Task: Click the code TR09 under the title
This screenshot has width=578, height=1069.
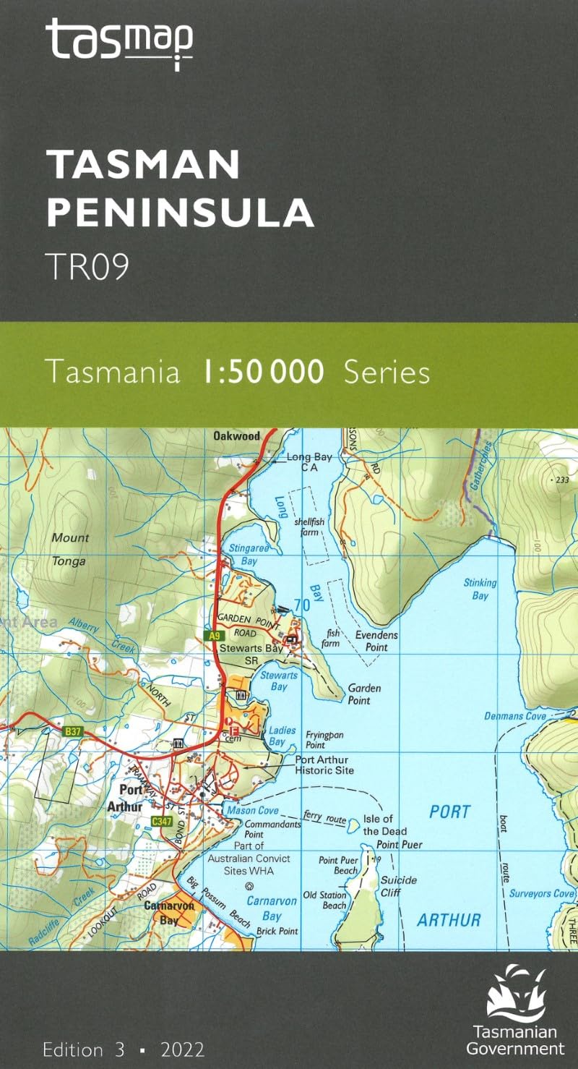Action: tap(87, 266)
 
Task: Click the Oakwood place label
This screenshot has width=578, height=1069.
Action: tap(236, 436)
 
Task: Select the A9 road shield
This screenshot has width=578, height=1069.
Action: tap(212, 636)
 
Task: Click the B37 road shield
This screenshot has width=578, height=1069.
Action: tap(73, 732)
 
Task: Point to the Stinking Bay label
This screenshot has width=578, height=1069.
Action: tap(480, 589)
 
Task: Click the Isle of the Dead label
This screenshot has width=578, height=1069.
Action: tap(379, 825)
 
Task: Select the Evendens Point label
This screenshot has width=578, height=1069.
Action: tap(376, 641)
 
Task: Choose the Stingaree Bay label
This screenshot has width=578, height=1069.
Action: tap(243, 555)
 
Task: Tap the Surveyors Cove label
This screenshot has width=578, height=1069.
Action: tap(541, 893)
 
